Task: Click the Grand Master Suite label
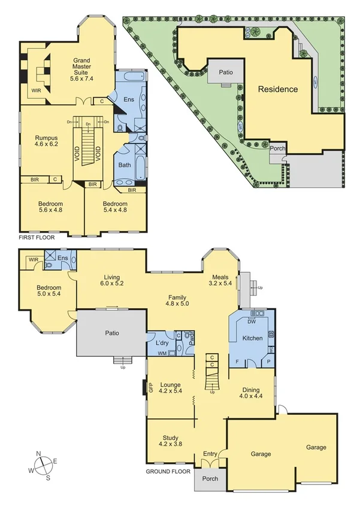click(x=82, y=69)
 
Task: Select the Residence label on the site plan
click(x=277, y=89)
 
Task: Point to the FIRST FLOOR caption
click(x=37, y=238)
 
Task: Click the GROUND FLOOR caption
click(x=168, y=472)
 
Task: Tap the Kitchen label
click(x=252, y=339)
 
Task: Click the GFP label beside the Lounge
click(x=150, y=388)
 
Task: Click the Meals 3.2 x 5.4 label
click(x=220, y=279)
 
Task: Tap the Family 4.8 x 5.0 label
click(x=177, y=300)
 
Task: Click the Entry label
click(x=210, y=454)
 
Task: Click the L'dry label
click(x=161, y=343)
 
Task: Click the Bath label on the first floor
click(x=125, y=165)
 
